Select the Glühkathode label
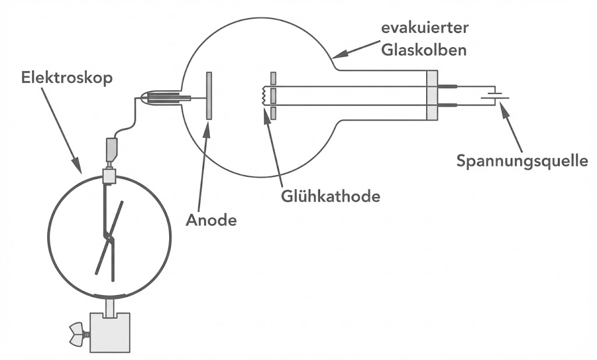click(x=330, y=196)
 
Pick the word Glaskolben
click(x=424, y=50)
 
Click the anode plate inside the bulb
click(x=209, y=96)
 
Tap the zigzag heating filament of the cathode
click(x=265, y=96)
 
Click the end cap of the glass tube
click(x=432, y=96)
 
